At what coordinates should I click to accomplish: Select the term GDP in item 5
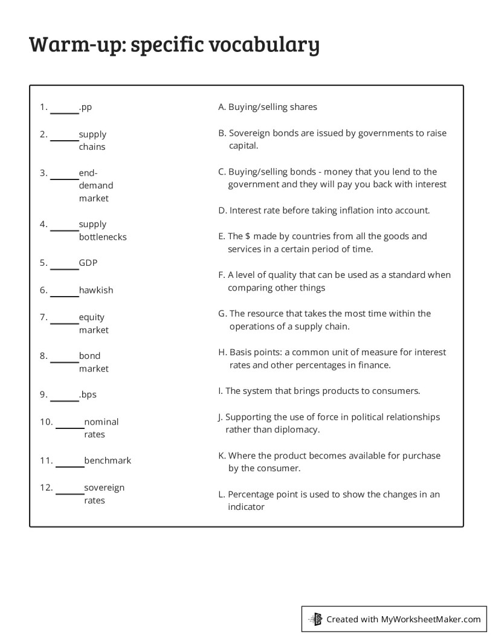coord(88,263)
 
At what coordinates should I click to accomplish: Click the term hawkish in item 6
coord(95,290)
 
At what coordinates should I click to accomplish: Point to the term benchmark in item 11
coord(108,460)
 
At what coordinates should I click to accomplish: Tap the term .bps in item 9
coord(88,395)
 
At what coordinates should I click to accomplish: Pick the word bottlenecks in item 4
coord(103,237)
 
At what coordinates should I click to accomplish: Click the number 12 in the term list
coord(46,487)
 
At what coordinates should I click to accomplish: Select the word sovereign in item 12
coord(104,487)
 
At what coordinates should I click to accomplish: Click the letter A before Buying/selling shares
coord(221,107)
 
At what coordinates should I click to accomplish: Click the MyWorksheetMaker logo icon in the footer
coord(315,619)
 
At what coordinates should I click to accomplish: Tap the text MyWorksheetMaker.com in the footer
coord(430,619)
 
